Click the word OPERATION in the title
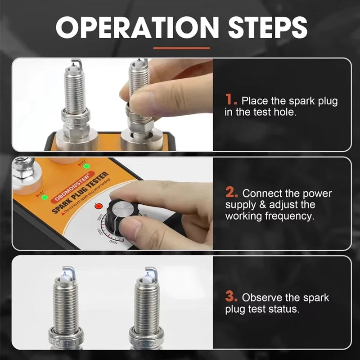(130, 28)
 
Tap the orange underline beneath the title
(181, 48)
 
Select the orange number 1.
(231, 99)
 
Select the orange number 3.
(231, 297)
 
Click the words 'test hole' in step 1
(274, 112)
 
